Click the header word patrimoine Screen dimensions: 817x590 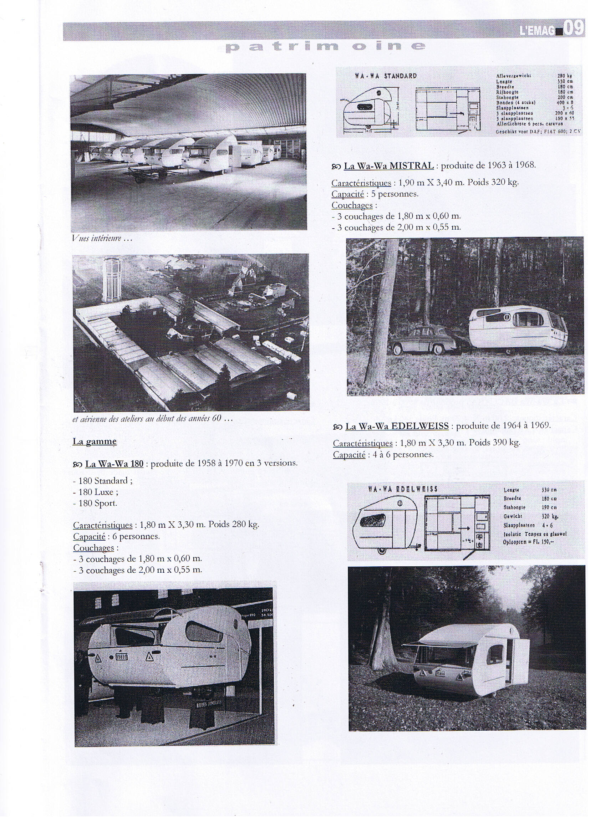325,47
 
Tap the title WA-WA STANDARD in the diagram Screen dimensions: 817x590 385,76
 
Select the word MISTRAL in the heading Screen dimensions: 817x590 412,166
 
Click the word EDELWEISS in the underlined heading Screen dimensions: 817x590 420,426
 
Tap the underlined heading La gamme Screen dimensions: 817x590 95,441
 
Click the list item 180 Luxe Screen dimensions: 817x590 98,492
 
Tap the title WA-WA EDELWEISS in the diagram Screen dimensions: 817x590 403,489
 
